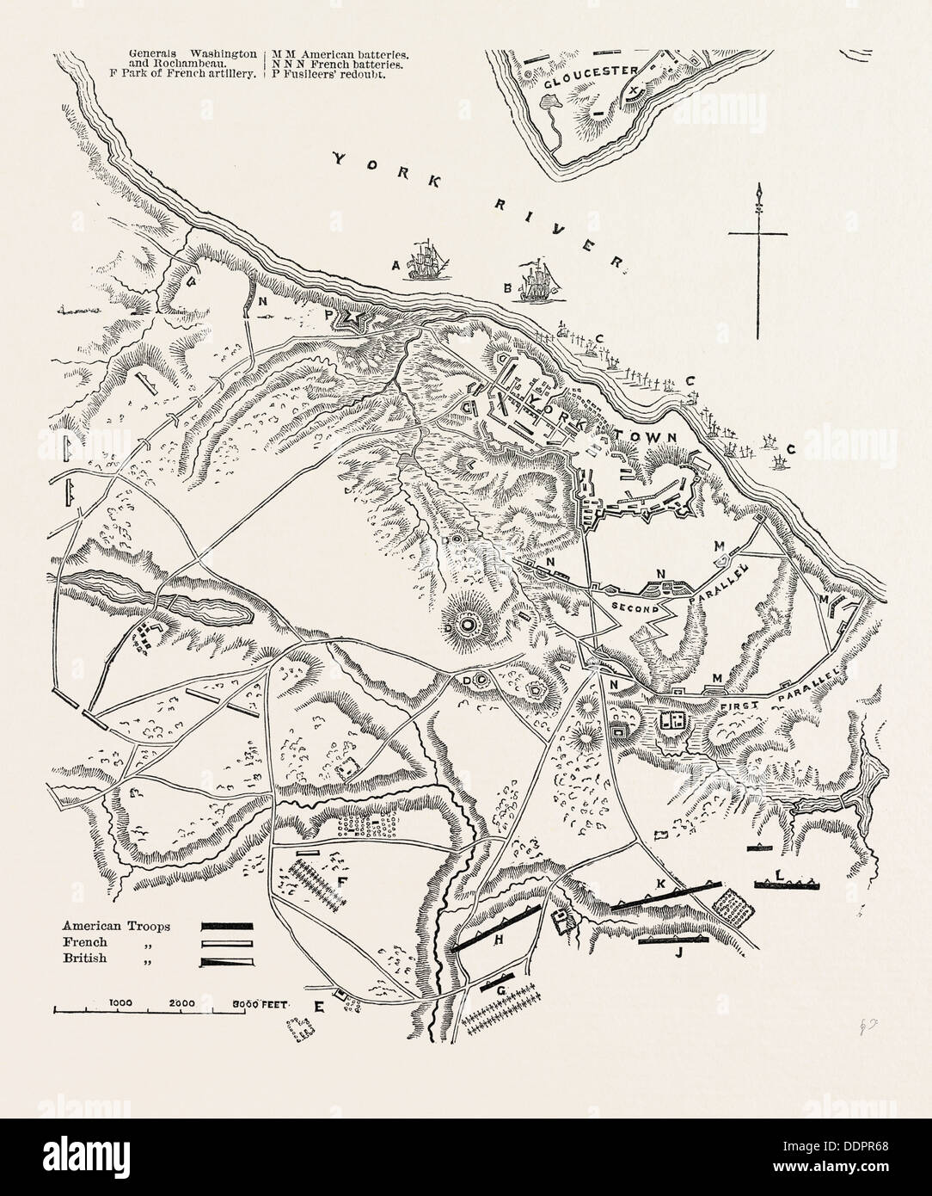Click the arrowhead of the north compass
(759, 193)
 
